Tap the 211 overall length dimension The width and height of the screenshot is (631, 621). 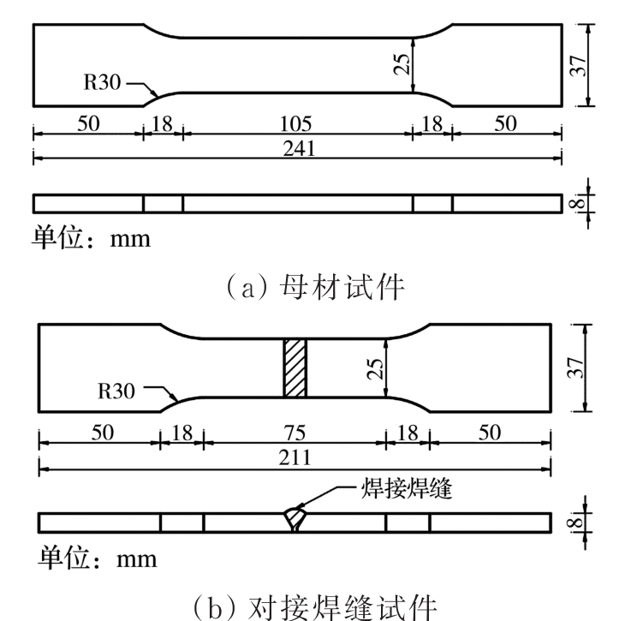295,458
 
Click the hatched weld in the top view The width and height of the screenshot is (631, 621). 295,368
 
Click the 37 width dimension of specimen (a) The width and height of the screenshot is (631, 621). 580,64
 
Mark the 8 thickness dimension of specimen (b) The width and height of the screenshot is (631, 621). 581,520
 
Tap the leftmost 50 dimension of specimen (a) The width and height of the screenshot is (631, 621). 87,122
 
